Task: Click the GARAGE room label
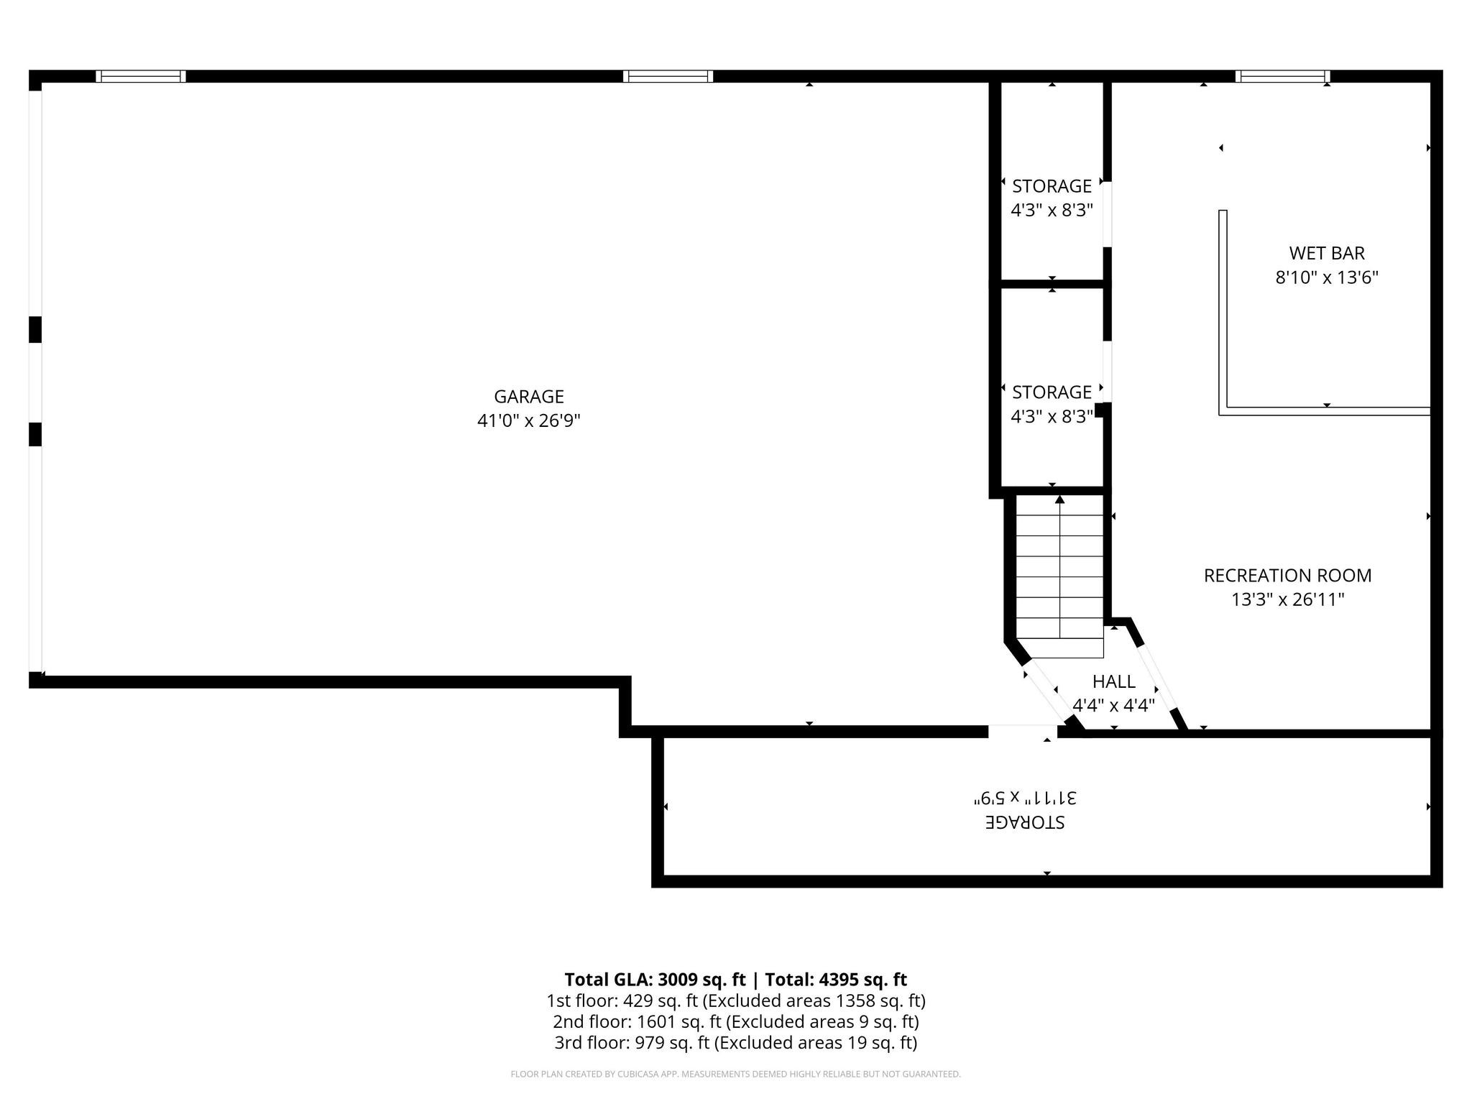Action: tap(528, 397)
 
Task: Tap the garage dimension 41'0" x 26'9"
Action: tap(528, 421)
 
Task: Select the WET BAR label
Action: tap(1326, 253)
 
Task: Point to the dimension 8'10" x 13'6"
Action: tap(1326, 277)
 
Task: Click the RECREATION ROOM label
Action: tap(1287, 576)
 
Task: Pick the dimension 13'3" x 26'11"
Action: tap(1287, 599)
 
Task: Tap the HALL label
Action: tap(1113, 681)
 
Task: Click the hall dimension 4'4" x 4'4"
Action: tap(1113, 705)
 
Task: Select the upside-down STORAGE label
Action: tap(1024, 822)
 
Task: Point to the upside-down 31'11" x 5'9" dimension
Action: tap(1024, 798)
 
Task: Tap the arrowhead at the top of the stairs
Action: tap(1059, 499)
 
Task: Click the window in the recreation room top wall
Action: tap(1282, 76)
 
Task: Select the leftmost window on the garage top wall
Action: tap(141, 76)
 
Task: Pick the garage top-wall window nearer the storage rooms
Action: tap(668, 76)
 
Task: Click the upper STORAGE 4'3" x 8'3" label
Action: tap(1052, 187)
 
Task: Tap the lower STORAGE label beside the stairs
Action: tap(1052, 392)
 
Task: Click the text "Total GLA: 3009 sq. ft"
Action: tap(655, 980)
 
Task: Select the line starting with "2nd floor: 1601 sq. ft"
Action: tap(735, 1021)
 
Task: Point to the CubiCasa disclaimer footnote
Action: tap(735, 1075)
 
